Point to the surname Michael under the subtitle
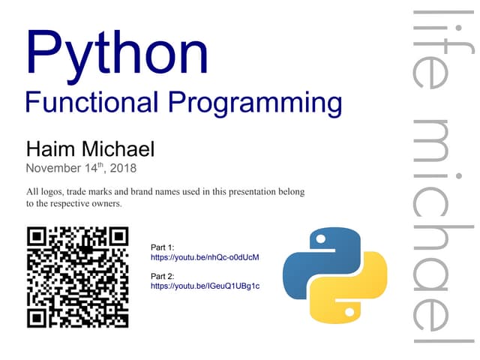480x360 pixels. coord(118,148)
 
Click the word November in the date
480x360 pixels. coord(56,169)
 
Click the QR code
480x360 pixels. coord(78,277)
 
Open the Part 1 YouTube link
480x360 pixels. coord(205,257)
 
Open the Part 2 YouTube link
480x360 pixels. coord(205,286)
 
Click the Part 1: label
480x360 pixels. coord(163,247)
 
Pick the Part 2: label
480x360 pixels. coord(163,276)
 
